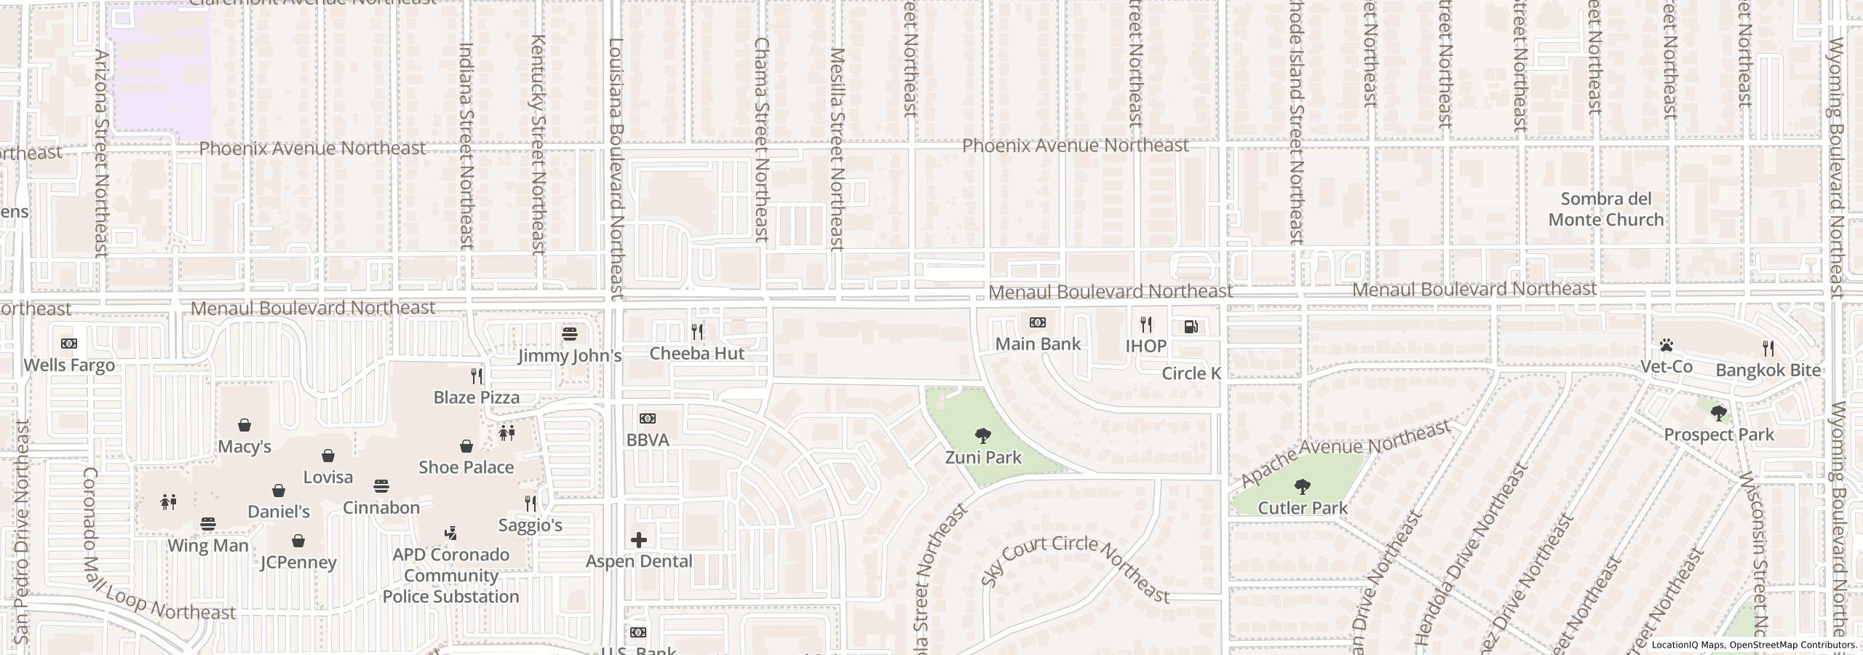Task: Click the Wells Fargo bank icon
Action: pos(68,344)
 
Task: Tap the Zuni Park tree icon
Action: pos(982,436)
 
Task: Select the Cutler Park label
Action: pos(1302,508)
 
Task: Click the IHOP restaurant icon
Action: pos(1146,324)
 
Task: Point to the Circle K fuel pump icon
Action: pos(1191,327)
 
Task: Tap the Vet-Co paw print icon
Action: pos(1667,345)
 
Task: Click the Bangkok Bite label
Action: pos(1768,370)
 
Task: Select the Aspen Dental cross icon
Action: pos(638,539)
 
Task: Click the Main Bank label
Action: pos(1038,344)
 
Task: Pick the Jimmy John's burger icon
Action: pos(570,334)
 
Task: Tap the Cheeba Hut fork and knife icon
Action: pos(697,332)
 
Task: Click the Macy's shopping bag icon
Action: pos(245,425)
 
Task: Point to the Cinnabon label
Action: pos(381,508)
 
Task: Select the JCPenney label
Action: pos(298,563)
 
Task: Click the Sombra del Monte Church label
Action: pos(1605,210)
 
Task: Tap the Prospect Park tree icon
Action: pos(1719,413)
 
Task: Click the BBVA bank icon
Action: pos(647,418)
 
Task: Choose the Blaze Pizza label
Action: pos(477,397)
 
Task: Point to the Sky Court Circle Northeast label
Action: pos(1075,570)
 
